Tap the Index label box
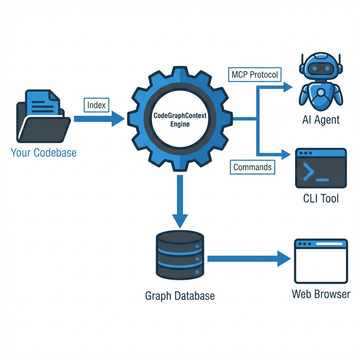click(x=96, y=105)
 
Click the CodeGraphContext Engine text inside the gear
click(x=180, y=120)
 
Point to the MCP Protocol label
click(x=255, y=75)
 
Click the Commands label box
click(x=252, y=167)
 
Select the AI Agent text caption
click(x=321, y=120)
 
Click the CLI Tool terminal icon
click(x=321, y=168)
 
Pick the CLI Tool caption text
click(x=321, y=199)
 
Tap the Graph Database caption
click(x=180, y=296)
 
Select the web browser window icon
click(x=321, y=261)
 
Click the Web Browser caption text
click(x=321, y=294)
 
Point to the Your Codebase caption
click(x=44, y=153)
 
